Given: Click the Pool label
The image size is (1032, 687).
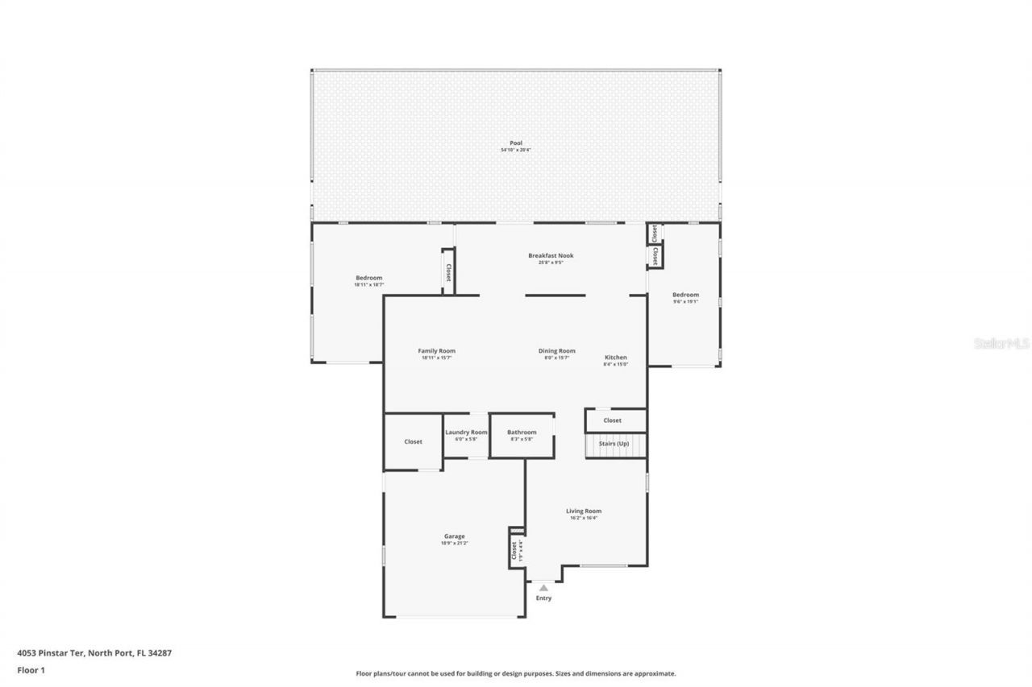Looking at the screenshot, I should [x=516, y=143].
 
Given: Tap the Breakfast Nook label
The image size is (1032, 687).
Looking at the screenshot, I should [x=551, y=255].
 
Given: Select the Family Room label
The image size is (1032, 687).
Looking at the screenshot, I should [x=436, y=350].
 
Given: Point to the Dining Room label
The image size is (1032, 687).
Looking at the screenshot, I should [x=556, y=350].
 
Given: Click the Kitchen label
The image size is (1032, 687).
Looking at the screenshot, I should [x=615, y=358].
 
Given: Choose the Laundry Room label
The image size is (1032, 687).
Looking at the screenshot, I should [x=466, y=432].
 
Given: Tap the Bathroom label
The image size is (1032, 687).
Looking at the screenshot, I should [x=522, y=432].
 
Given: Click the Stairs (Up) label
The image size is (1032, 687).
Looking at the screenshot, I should [x=613, y=444].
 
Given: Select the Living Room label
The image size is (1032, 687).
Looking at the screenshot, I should [x=584, y=511].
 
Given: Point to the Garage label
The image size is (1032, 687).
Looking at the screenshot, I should [x=454, y=536].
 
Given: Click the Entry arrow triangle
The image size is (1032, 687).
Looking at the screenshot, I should [x=543, y=588].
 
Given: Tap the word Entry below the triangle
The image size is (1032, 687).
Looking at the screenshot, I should [x=543, y=598].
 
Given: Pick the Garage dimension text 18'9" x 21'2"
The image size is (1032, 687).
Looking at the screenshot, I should [x=454, y=544].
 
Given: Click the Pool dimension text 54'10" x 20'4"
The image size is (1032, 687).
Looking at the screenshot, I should [x=516, y=151].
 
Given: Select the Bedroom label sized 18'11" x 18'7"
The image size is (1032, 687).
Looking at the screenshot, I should [x=368, y=278].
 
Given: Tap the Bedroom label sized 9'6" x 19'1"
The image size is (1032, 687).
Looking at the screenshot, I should [x=685, y=295].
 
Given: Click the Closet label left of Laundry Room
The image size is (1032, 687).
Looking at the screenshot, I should [x=413, y=441].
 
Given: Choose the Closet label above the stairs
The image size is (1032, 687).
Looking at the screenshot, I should [x=613, y=420].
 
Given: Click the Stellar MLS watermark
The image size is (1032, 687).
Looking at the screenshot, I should [x=1001, y=343].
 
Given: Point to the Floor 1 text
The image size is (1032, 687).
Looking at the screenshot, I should [x=31, y=669].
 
